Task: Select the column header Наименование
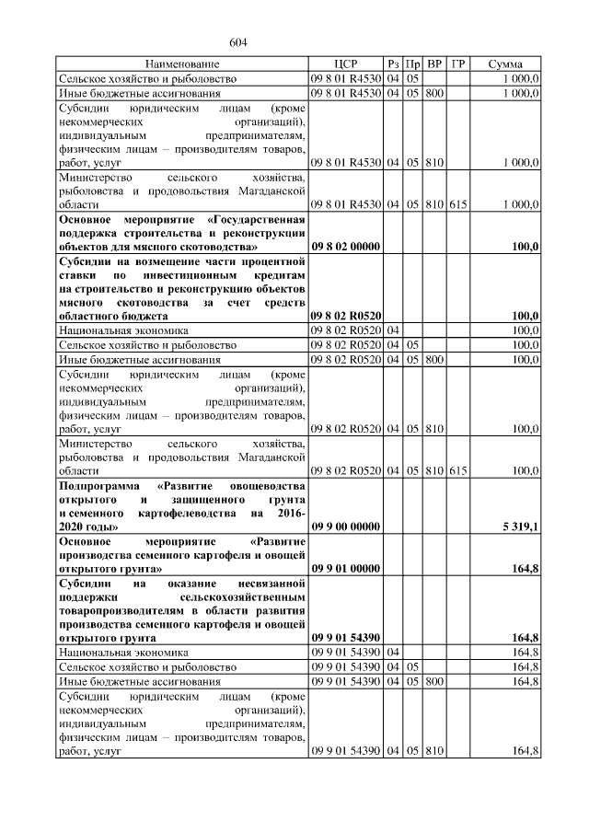coord(182,64)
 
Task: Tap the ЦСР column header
coord(346,64)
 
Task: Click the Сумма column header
coord(505,64)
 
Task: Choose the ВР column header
coord(435,64)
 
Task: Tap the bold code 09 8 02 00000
coord(346,247)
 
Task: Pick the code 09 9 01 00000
coord(346,570)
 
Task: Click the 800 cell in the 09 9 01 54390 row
coord(435,682)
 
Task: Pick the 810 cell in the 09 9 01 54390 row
coord(435,752)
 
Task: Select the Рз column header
coord(393,64)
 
